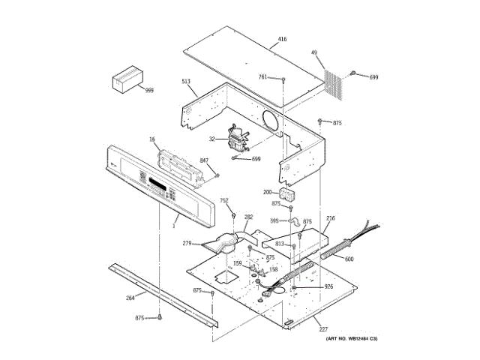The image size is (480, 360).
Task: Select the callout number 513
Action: pyautogui.click(x=186, y=81)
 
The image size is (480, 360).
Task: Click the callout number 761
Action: pyautogui.click(x=263, y=76)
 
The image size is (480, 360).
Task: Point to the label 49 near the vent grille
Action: pyautogui.click(x=315, y=53)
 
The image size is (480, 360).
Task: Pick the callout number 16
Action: pyautogui.click(x=151, y=139)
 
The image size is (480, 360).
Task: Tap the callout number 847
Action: pyautogui.click(x=205, y=160)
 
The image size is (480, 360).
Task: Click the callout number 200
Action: pyautogui.click(x=268, y=192)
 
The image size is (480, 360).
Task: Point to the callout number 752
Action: pyautogui.click(x=224, y=200)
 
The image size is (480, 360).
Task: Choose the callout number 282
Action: pyautogui.click(x=249, y=217)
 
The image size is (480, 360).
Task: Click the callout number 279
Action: pyautogui.click(x=188, y=243)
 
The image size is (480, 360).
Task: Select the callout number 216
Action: pyautogui.click(x=331, y=217)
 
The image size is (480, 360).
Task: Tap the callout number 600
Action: pyautogui.click(x=349, y=259)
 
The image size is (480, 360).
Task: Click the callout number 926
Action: pyautogui.click(x=328, y=286)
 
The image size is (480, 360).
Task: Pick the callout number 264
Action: pyautogui.click(x=130, y=298)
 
